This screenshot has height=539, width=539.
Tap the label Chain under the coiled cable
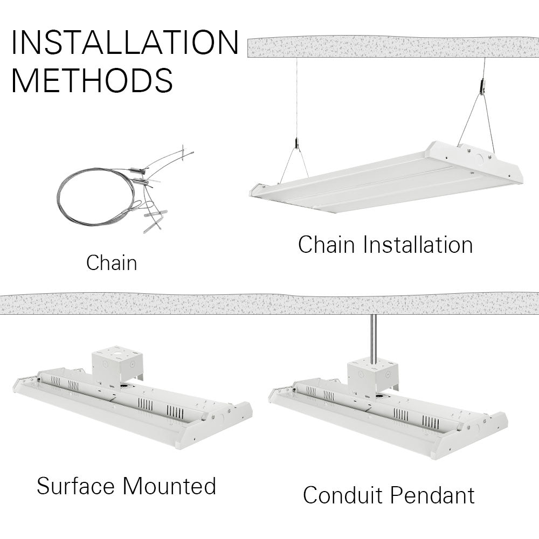(112, 263)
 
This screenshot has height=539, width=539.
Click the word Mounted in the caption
(169, 486)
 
